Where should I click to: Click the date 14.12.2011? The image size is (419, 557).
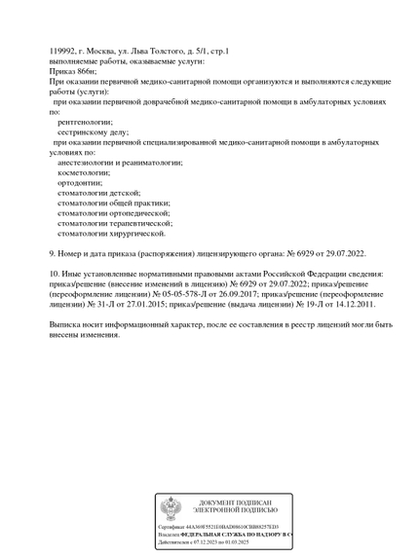click(x=345, y=304)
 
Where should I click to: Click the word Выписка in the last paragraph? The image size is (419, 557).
click(x=68, y=323)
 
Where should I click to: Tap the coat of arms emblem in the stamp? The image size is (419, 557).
click(x=170, y=507)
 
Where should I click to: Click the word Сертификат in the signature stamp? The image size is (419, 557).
click(x=173, y=527)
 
